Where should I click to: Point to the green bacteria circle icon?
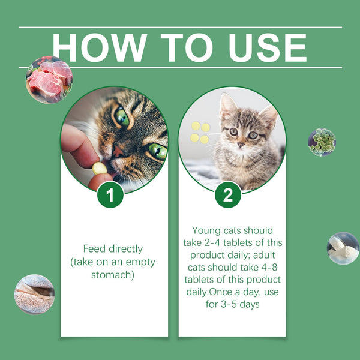click(x=322, y=142)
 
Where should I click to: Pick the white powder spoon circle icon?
click(x=343, y=248)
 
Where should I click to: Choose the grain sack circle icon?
click(x=34, y=294)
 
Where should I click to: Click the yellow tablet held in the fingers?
click(x=99, y=169)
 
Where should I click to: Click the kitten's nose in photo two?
click(x=241, y=145)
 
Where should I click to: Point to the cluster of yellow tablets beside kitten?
click(x=200, y=133)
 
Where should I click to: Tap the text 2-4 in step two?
click(x=223, y=242)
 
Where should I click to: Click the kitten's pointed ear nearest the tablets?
click(x=226, y=105)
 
